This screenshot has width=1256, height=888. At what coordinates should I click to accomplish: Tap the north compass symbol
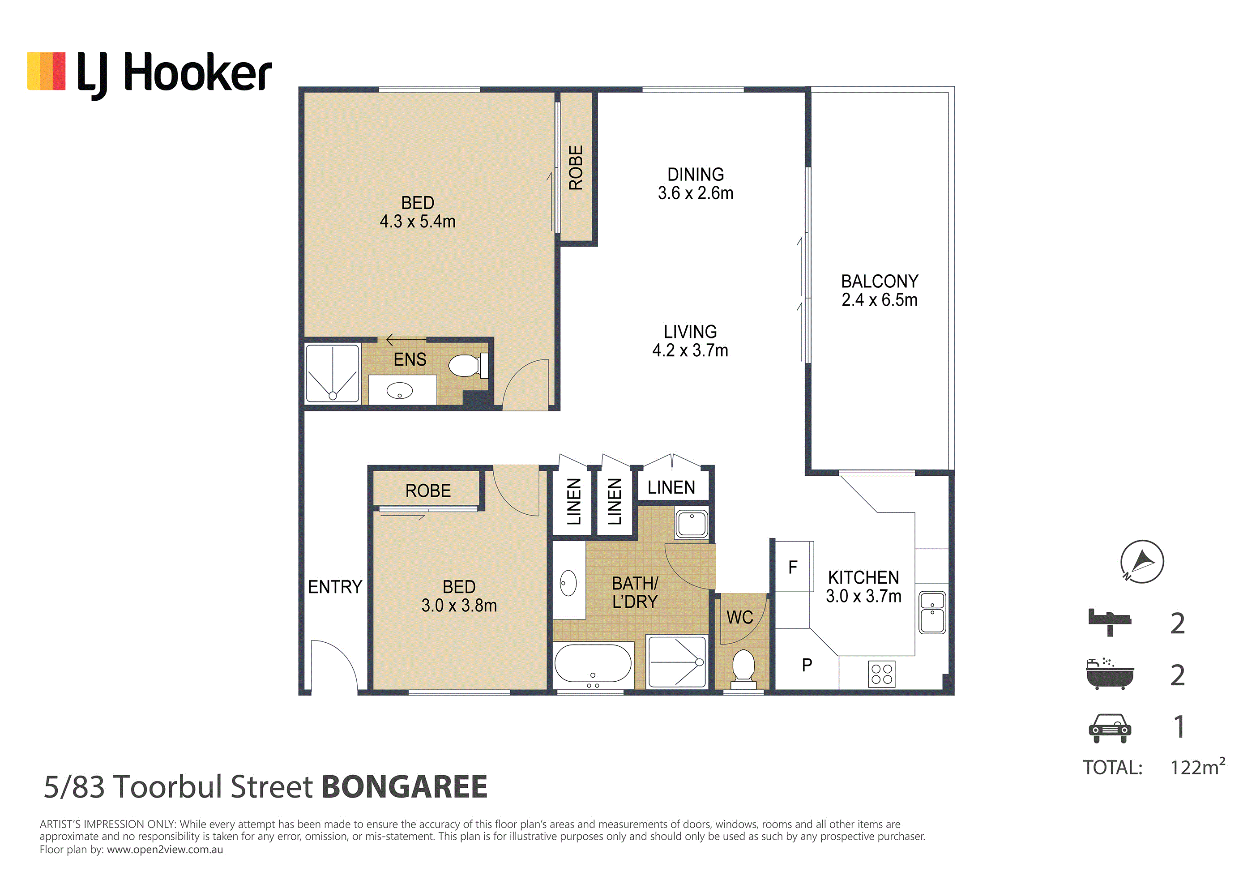pyautogui.click(x=1142, y=561)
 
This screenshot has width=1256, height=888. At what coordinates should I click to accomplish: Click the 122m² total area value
pyautogui.click(x=1197, y=767)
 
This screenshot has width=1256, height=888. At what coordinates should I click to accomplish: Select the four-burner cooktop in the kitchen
pyautogui.click(x=881, y=674)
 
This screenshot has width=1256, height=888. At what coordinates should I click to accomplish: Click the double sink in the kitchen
pyautogui.click(x=932, y=613)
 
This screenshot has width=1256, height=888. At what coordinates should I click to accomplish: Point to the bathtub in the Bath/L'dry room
pyautogui.click(x=593, y=664)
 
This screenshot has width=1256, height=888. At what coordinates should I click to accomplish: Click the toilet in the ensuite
pyautogui.click(x=468, y=366)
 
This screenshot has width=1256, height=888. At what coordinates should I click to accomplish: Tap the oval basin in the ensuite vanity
pyautogui.click(x=399, y=391)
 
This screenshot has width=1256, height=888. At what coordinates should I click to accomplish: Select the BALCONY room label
pyautogui.click(x=879, y=281)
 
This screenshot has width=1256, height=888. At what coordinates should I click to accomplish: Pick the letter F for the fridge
pyautogui.click(x=793, y=568)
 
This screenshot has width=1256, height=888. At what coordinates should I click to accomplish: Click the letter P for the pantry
pyautogui.click(x=807, y=665)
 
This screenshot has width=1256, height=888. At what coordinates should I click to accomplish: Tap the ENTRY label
pyautogui.click(x=335, y=587)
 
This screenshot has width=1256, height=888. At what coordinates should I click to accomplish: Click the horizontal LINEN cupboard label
pyautogui.click(x=671, y=487)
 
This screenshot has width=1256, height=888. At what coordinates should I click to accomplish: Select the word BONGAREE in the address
pyautogui.click(x=404, y=787)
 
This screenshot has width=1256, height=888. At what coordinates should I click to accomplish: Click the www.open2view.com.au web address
pyautogui.click(x=165, y=850)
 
